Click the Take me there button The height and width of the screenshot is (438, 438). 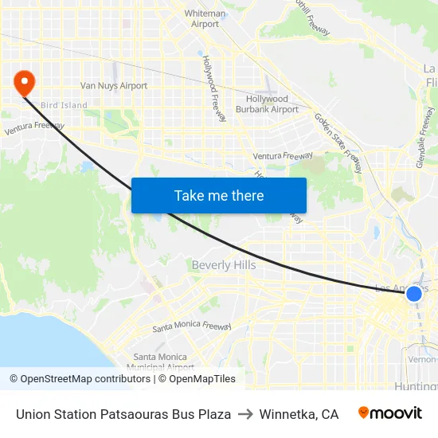point(219,195)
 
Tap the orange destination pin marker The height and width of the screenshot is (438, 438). point(25,81)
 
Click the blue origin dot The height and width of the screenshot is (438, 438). point(414,294)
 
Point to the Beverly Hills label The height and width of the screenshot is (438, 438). point(224,264)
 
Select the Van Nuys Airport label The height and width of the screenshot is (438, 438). point(114,85)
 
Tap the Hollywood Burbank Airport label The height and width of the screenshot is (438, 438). point(267,104)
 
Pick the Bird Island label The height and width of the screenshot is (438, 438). point(64,105)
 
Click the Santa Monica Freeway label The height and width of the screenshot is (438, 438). point(192,327)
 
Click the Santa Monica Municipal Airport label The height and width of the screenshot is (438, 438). point(163,362)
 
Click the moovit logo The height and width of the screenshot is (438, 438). point(390,413)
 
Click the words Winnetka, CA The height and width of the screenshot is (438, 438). point(299,414)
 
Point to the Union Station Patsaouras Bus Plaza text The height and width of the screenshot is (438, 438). point(123,414)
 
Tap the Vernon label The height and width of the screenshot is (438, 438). point(422,359)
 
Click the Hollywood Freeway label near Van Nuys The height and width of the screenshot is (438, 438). point(215,88)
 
